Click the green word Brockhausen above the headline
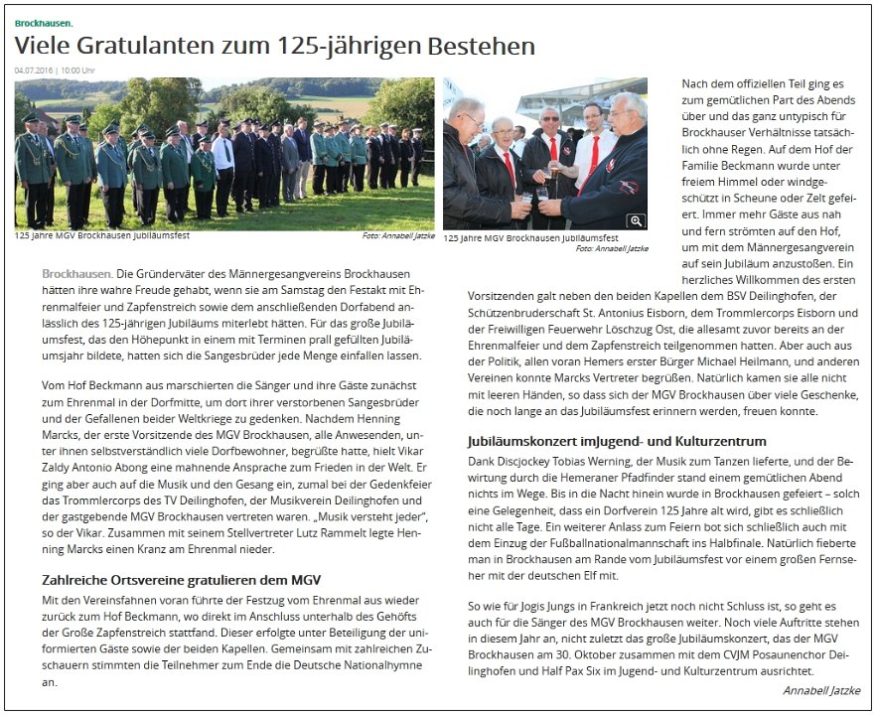coord(44,21)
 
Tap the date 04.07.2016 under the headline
coord(34,71)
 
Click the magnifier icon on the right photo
coord(636,221)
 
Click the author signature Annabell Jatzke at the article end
coord(821,689)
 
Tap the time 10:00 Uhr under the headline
coord(77,71)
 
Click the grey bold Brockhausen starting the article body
coord(76,272)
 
